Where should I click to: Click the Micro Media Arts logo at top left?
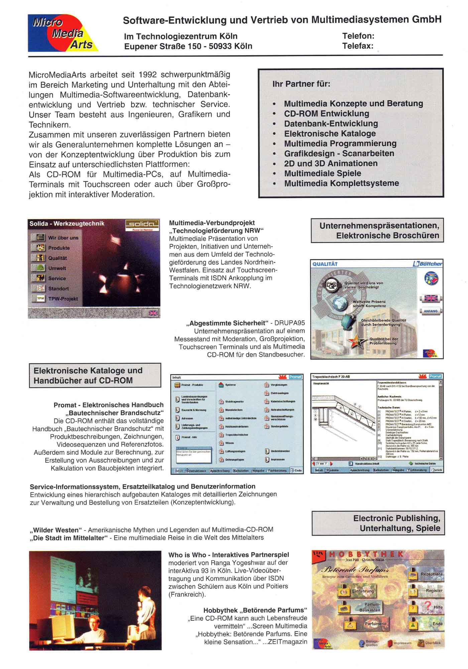[63, 33]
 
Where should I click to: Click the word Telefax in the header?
[357, 46]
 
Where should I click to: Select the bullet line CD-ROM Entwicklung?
[326, 114]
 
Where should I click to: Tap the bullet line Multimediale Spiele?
[322, 174]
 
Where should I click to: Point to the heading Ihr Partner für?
[301, 84]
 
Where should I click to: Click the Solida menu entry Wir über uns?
[63, 238]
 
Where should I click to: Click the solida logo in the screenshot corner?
[142, 225]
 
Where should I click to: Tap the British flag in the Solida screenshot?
[153, 313]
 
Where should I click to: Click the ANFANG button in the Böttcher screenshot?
[430, 311]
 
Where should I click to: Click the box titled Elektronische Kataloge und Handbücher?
[95, 375]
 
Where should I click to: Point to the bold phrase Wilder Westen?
[56, 530]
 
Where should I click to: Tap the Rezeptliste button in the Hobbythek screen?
[431, 574]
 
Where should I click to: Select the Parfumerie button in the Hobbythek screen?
[375, 624]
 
